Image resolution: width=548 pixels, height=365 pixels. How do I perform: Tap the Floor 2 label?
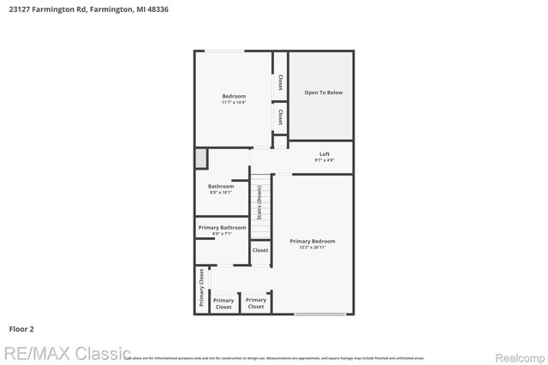[x=21, y=328]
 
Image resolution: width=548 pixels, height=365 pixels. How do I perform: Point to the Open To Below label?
[x=324, y=93]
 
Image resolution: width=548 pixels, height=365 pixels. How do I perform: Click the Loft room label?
[x=325, y=154]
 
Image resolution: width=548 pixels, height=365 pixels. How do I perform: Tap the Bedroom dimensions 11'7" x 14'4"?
[x=234, y=103]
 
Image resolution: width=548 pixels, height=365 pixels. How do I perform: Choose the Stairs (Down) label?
[x=259, y=202]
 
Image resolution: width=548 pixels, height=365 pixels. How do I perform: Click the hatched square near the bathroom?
[x=201, y=159]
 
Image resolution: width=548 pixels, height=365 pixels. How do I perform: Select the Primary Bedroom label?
[x=313, y=241]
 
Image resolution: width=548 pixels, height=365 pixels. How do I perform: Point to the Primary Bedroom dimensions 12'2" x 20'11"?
[x=313, y=248]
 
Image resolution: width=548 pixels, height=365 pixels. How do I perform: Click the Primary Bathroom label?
[x=223, y=227]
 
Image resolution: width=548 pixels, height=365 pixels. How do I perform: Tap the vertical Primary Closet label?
[x=202, y=287]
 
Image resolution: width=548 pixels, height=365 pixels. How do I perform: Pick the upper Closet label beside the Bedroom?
[x=280, y=82]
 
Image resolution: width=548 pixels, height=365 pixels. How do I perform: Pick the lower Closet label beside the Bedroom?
[x=280, y=116]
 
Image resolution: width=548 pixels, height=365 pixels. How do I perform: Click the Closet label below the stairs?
[x=260, y=250]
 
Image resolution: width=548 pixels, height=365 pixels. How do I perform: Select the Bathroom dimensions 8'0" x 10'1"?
[x=221, y=193]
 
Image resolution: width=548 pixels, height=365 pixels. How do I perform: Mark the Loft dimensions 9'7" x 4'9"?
[x=325, y=160]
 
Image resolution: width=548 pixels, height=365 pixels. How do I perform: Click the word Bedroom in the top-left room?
[x=234, y=96]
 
